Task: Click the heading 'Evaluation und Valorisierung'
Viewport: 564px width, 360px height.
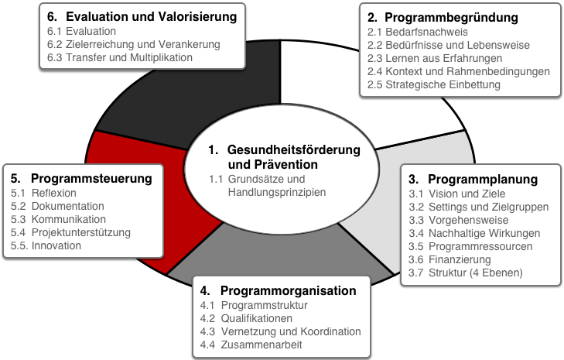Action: pyautogui.click(x=152, y=16)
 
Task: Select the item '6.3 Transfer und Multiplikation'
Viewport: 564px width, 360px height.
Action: pyautogui.click(x=120, y=57)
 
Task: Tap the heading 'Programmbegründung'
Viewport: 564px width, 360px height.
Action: pyautogui.click(x=451, y=17)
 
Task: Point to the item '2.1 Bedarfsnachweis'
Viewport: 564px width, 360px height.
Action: pyautogui.click(x=418, y=32)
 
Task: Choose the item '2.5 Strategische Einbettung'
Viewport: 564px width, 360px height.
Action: pyautogui.click(x=434, y=84)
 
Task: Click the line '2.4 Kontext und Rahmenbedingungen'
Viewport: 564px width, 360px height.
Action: pyautogui.click(x=459, y=72)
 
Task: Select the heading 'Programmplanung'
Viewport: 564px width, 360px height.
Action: pyautogui.click(x=483, y=179)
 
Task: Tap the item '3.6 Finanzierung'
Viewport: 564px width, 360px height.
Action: pyautogui.click(x=449, y=259)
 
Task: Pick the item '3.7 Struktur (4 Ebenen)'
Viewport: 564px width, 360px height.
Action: pyautogui.click(x=466, y=273)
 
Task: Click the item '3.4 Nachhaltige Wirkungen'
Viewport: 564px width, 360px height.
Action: pyautogui.click(x=474, y=233)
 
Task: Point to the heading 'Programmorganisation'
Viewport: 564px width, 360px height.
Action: pyautogui.click(x=289, y=290)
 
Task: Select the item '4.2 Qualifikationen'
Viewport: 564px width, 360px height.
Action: pyautogui.click(x=246, y=319)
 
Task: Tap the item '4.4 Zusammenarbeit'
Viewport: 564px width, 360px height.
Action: pyautogui.click(x=251, y=345)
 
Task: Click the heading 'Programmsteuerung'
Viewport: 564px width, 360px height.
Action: pyautogui.click(x=92, y=178)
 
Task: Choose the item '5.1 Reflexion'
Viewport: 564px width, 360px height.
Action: pyautogui.click(x=43, y=193)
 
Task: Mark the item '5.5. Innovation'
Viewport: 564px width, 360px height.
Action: pyautogui.click(x=46, y=245)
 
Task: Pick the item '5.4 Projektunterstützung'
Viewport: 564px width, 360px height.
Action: pyautogui.click(x=70, y=232)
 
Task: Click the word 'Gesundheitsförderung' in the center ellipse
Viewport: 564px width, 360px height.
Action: pyautogui.click(x=294, y=149)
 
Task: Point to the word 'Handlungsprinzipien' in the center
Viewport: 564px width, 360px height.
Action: pyautogui.click(x=277, y=192)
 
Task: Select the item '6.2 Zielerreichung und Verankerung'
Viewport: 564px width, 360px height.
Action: pyautogui.click(x=133, y=44)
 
